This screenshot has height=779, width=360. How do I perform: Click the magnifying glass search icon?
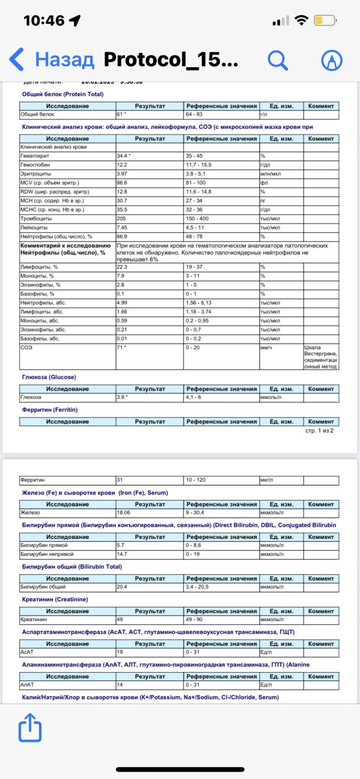click(278, 59)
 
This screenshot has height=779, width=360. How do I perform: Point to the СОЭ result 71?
click(122, 347)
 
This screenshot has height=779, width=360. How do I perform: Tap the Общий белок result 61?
click(122, 114)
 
